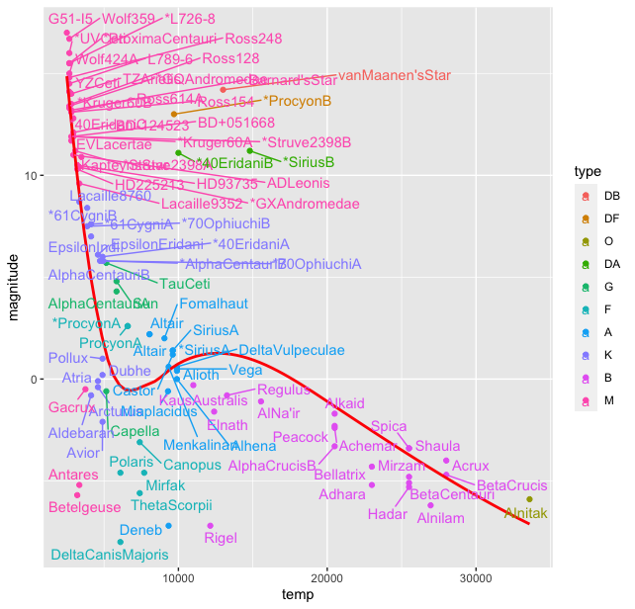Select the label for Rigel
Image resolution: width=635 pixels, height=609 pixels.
[x=220, y=538]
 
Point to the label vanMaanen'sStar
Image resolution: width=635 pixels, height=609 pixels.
[x=394, y=75]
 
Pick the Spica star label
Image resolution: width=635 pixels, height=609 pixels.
[x=389, y=426]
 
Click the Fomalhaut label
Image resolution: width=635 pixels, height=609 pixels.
[x=214, y=304]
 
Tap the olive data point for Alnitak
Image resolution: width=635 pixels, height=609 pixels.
[x=529, y=499]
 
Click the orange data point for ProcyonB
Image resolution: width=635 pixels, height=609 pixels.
[x=174, y=114]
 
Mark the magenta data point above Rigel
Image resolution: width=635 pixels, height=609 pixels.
[x=211, y=526]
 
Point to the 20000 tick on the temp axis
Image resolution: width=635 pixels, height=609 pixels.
[x=327, y=576]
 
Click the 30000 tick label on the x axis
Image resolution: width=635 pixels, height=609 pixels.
[x=476, y=576]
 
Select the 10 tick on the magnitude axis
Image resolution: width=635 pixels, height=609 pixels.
[x=39, y=176]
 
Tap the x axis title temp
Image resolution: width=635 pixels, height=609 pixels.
[x=298, y=595]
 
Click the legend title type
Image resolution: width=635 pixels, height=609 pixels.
[x=587, y=173]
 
